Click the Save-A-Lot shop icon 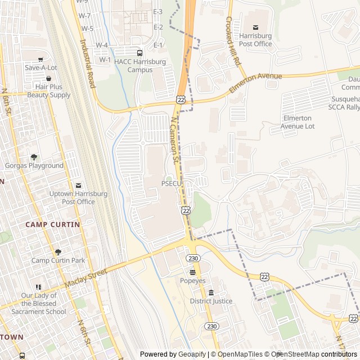(40, 59)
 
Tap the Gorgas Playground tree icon (34, 157)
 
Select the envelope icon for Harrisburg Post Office (255, 27)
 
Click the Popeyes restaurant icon (192, 272)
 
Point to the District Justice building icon (211, 292)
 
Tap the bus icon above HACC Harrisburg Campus (139, 53)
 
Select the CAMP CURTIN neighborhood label (52, 224)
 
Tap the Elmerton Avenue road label (255, 83)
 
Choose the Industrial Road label (87, 63)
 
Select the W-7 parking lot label (85, 16)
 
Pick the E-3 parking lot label (158, 12)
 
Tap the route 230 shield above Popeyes (194, 258)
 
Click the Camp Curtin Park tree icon (58, 252)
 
